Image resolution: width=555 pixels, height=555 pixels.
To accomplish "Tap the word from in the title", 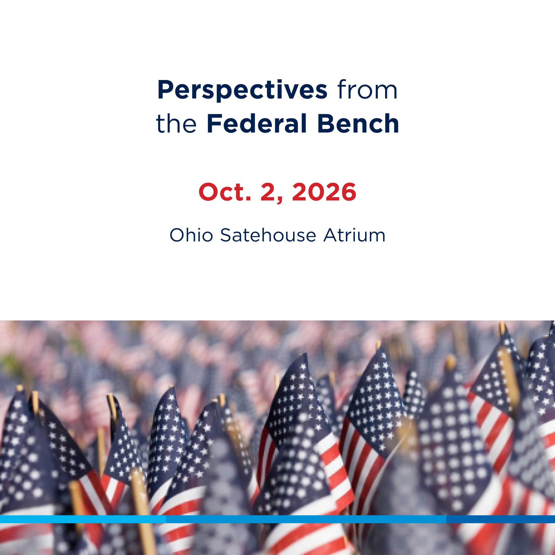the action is point(368,90).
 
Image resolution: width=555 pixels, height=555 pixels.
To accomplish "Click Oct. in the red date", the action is point(225,192).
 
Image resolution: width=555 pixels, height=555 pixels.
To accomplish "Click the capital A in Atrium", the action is point(331,235).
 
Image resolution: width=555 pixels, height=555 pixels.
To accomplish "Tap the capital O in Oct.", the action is point(208,192).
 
